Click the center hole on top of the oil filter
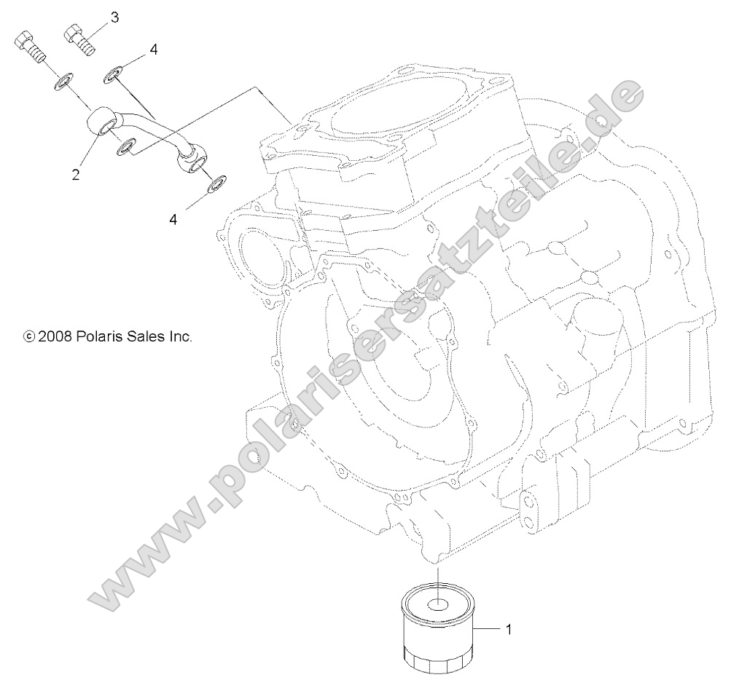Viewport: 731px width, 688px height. click(x=438, y=604)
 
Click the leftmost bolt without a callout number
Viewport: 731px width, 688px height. click(x=29, y=45)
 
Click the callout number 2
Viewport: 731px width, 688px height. click(x=76, y=175)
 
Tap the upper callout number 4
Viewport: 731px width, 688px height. click(x=153, y=50)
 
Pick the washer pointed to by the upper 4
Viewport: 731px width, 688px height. click(x=115, y=74)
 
